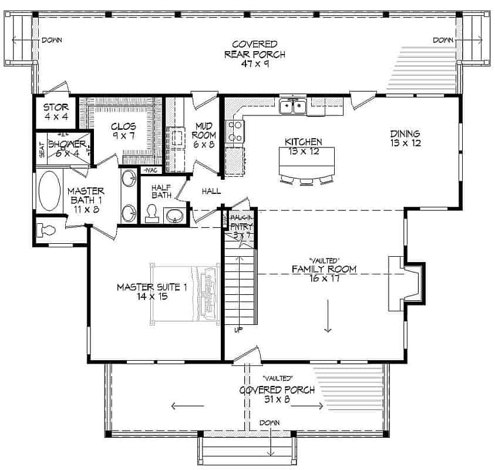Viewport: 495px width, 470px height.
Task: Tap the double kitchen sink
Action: (x=293, y=106)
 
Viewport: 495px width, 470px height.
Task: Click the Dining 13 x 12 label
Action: (x=405, y=138)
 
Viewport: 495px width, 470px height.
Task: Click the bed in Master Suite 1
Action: (x=185, y=293)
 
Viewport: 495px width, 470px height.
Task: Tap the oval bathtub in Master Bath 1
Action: (x=49, y=191)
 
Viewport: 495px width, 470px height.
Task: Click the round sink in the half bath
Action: (x=174, y=216)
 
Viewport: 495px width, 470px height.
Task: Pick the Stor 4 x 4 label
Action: (x=56, y=112)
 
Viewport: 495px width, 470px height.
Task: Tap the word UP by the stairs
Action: (x=238, y=330)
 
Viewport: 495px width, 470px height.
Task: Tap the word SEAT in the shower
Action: (x=42, y=150)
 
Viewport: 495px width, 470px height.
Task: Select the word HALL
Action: (x=211, y=191)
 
